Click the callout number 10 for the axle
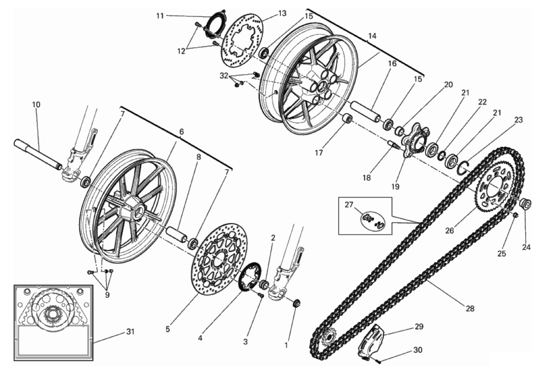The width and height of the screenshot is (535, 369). (36, 104)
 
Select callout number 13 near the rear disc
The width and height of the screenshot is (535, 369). (282, 13)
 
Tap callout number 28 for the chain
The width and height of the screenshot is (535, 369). (470, 309)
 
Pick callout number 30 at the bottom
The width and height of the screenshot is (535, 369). (418, 350)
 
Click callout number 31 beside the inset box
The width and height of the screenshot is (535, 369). (130, 332)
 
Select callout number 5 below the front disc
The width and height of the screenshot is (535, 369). (168, 330)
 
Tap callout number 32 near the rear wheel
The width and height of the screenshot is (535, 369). (224, 76)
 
